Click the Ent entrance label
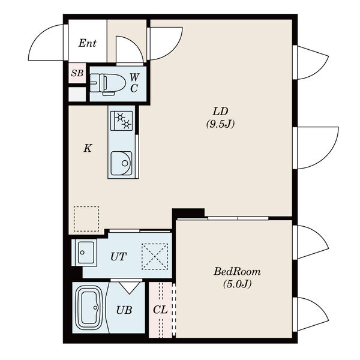pos(87,43)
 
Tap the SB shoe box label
pos(77,73)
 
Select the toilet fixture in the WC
pos(107,84)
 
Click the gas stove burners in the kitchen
pos(121,121)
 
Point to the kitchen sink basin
pos(121,163)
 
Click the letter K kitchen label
pos(88,149)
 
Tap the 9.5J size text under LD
pos(220,124)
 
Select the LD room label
pos(220,112)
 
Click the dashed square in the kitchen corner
pos(86,219)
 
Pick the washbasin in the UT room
pos(84,253)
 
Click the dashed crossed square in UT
pos(155,256)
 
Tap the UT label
pos(118,256)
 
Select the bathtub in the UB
pos(90,308)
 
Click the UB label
pos(124,310)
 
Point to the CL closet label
pos(160,310)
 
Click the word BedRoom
pos(237,272)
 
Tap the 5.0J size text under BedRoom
pos(237,284)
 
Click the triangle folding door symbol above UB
pos(130,287)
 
